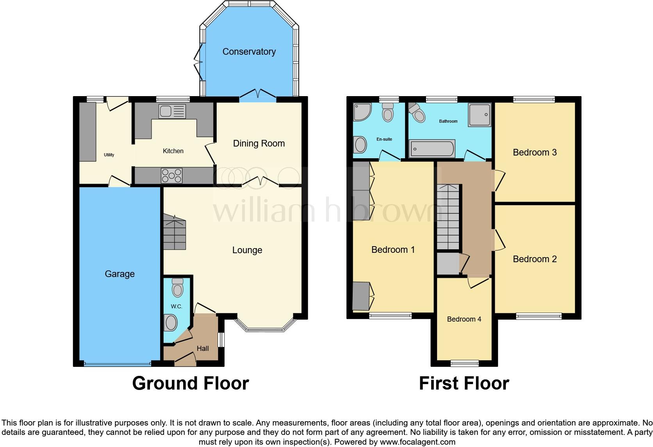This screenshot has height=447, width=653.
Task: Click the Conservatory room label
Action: tap(249, 52)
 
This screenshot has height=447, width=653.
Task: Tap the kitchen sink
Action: tap(172, 111)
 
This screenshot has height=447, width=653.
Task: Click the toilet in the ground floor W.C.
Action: tap(178, 288)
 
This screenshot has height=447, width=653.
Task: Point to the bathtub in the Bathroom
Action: tap(432, 148)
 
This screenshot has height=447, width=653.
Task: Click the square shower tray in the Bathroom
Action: tap(479, 115)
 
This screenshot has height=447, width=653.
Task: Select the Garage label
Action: tap(120, 274)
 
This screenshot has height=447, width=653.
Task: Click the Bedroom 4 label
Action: tap(464, 319)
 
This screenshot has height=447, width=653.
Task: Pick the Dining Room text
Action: tap(259, 143)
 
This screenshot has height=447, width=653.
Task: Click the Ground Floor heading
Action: tap(191, 383)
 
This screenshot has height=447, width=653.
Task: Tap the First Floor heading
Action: tap(464, 383)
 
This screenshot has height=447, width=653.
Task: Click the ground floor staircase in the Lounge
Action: tap(174, 232)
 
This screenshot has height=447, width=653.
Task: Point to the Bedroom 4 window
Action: tap(464, 363)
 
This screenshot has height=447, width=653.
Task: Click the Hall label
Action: tap(203, 349)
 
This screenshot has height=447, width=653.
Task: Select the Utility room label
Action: tap(109, 155)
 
